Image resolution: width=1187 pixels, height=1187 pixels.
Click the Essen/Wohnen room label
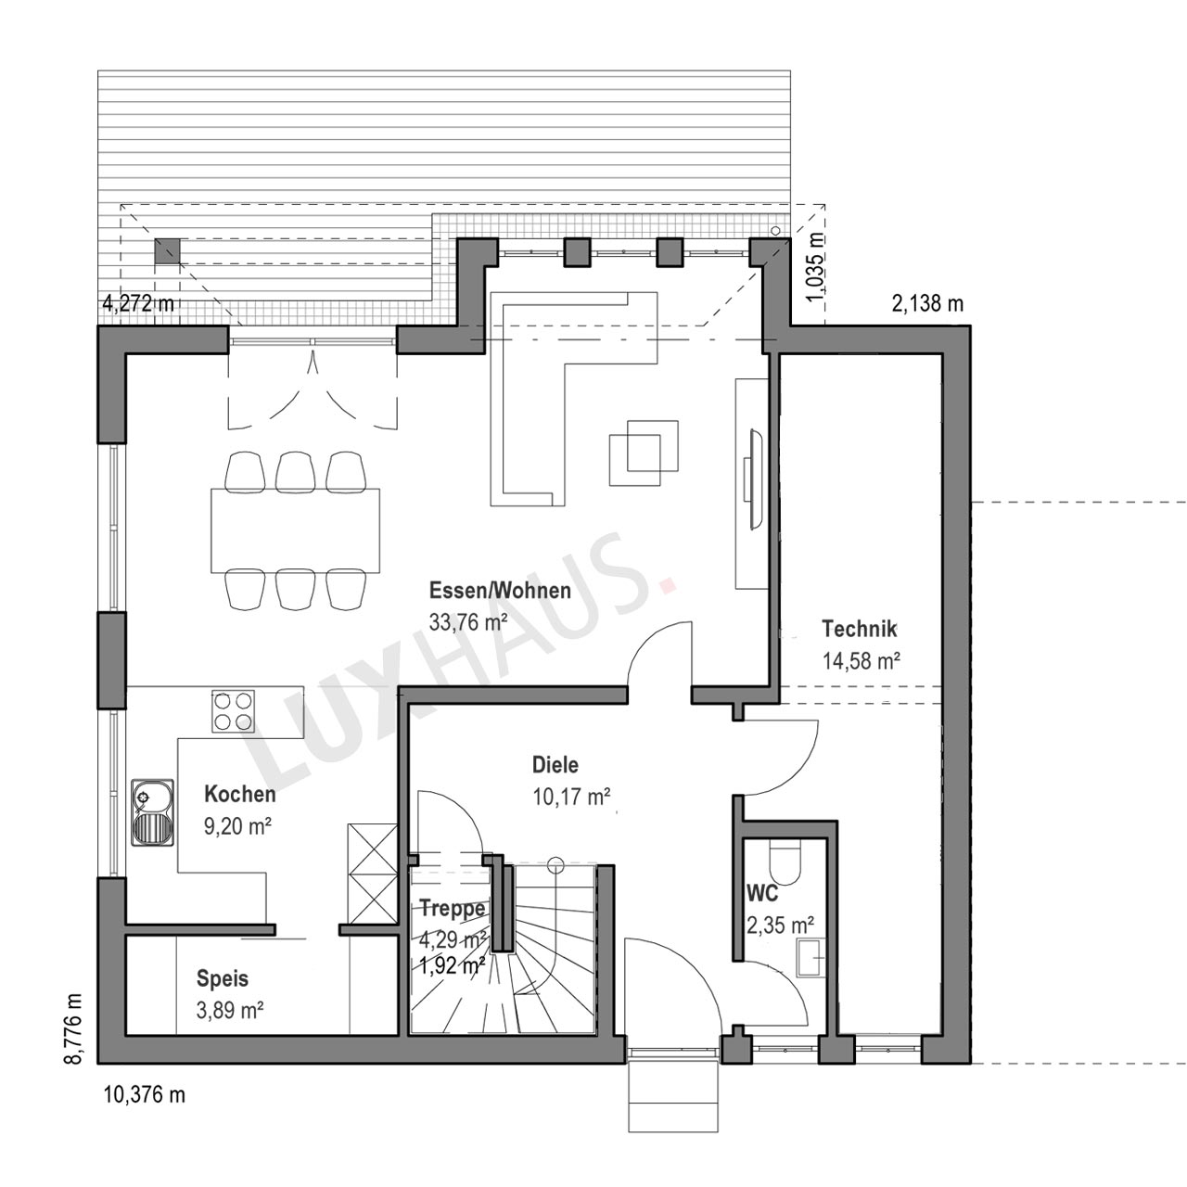coord(500,590)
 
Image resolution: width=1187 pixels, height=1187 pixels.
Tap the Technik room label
coord(860,629)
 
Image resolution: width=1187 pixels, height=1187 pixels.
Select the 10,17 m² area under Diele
coord(571,798)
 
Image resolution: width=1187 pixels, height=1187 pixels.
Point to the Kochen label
coord(239,794)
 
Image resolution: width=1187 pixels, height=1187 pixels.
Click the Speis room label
coord(223,978)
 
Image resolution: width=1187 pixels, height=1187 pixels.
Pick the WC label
coord(762,892)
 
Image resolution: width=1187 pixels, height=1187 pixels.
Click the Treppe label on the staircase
coord(453,909)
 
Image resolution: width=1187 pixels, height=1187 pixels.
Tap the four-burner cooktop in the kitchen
coord(233,711)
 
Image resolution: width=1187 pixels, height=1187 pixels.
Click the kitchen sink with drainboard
coord(152,811)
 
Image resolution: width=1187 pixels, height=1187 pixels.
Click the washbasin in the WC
coord(810,957)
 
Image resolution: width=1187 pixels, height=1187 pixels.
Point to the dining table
coord(295,530)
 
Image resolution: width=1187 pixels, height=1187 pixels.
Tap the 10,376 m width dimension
coord(144,1094)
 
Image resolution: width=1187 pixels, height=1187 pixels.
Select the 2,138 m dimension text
coord(927,303)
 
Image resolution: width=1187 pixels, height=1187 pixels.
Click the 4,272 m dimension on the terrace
coord(138,303)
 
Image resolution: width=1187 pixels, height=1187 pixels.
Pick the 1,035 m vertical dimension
coord(814,267)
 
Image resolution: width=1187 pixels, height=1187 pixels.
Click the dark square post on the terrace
coord(167,250)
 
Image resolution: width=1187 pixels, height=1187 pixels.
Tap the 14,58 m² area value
coord(862,661)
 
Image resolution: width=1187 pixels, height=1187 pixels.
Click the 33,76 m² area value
coord(468,622)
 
